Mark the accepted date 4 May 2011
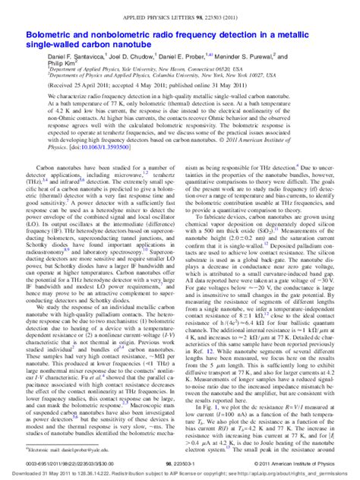(x=159, y=86)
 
